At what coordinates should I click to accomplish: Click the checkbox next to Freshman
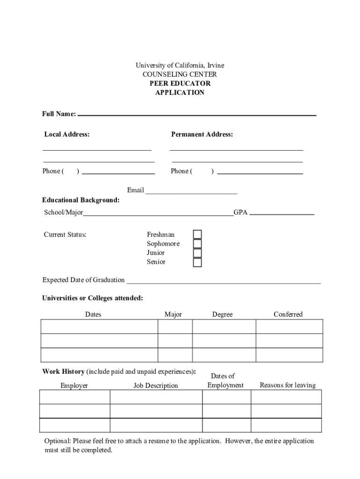(x=198, y=234)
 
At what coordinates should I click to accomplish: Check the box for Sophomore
(x=198, y=244)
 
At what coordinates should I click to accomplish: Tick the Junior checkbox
(x=198, y=253)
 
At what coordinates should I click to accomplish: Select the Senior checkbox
(x=198, y=262)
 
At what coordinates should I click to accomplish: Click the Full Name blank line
(x=196, y=114)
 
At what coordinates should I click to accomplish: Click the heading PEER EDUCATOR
(x=180, y=83)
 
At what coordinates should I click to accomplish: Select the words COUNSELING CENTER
(x=180, y=74)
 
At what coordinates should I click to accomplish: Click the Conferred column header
(x=288, y=314)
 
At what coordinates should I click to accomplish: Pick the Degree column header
(x=222, y=314)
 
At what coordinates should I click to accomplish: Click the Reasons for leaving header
(x=288, y=385)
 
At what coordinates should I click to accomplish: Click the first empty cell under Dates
(x=99, y=327)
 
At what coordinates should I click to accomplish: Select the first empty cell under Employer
(x=74, y=397)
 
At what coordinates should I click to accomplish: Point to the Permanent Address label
(x=202, y=134)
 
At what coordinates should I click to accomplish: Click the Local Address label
(x=67, y=134)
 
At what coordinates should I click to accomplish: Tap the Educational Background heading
(x=81, y=200)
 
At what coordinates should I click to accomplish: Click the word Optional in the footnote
(x=58, y=441)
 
